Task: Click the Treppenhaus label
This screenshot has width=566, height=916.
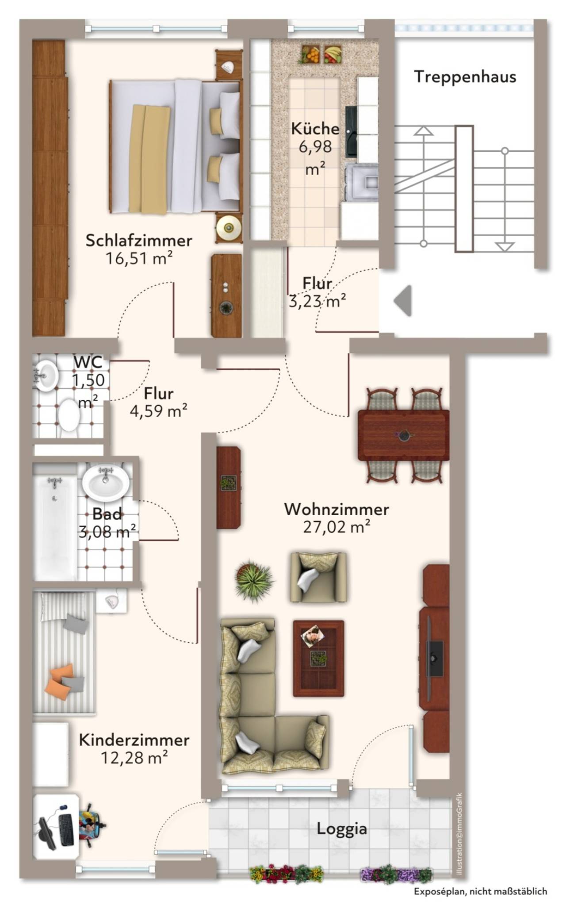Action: [465, 77]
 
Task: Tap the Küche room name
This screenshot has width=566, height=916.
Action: [315, 129]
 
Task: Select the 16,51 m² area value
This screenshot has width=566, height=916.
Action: [138, 258]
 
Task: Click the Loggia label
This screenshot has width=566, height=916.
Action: [342, 829]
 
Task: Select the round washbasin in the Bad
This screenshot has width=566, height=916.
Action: [106, 482]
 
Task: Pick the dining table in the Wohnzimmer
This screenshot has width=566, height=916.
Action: [403, 435]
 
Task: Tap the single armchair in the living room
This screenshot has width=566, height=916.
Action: [318, 577]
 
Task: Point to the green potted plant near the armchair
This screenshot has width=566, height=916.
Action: [253, 580]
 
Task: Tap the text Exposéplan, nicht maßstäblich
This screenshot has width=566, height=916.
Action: [480, 891]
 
